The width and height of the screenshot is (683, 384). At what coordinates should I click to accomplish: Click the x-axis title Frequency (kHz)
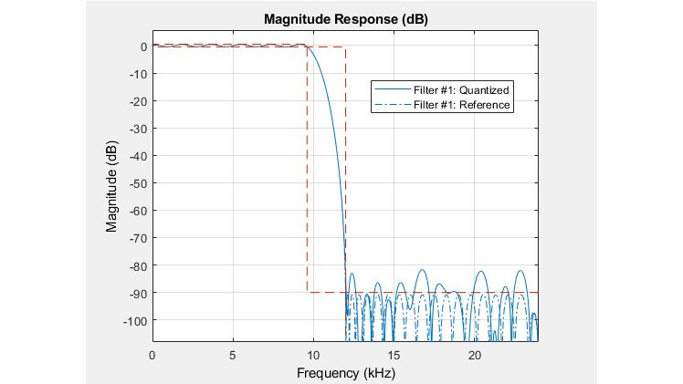click(345, 373)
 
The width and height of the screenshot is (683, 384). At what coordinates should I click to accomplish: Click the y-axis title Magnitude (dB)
click(112, 183)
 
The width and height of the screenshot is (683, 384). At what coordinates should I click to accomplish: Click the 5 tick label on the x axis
click(233, 355)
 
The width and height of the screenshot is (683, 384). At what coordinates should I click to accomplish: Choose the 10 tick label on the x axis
click(313, 355)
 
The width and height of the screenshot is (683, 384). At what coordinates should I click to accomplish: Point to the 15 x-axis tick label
click(394, 355)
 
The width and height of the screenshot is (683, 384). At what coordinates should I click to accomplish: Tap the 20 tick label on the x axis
click(475, 355)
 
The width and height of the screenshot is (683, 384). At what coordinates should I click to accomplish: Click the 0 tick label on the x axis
click(152, 355)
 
